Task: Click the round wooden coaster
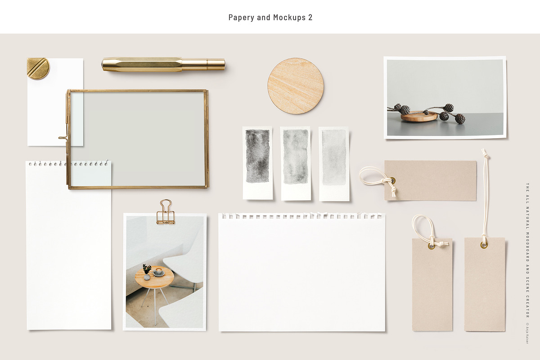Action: click(x=296, y=85)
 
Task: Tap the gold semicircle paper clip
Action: click(x=38, y=68)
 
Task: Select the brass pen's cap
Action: click(x=203, y=65)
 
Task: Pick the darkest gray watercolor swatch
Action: click(x=257, y=156)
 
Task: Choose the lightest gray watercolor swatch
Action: click(x=334, y=157)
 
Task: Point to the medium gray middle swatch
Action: click(x=296, y=157)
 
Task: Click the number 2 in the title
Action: click(x=310, y=18)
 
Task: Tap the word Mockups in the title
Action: click(x=289, y=18)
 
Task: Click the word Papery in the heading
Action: click(x=241, y=18)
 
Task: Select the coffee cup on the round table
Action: click(x=159, y=271)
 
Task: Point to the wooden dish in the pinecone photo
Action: click(x=419, y=116)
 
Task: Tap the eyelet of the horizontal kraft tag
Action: click(x=393, y=180)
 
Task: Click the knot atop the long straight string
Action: click(x=485, y=153)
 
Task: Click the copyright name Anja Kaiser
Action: click(x=527, y=334)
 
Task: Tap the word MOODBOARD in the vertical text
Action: click(x=527, y=247)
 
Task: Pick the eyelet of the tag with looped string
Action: click(x=431, y=246)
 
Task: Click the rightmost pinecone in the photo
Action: click(x=460, y=119)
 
